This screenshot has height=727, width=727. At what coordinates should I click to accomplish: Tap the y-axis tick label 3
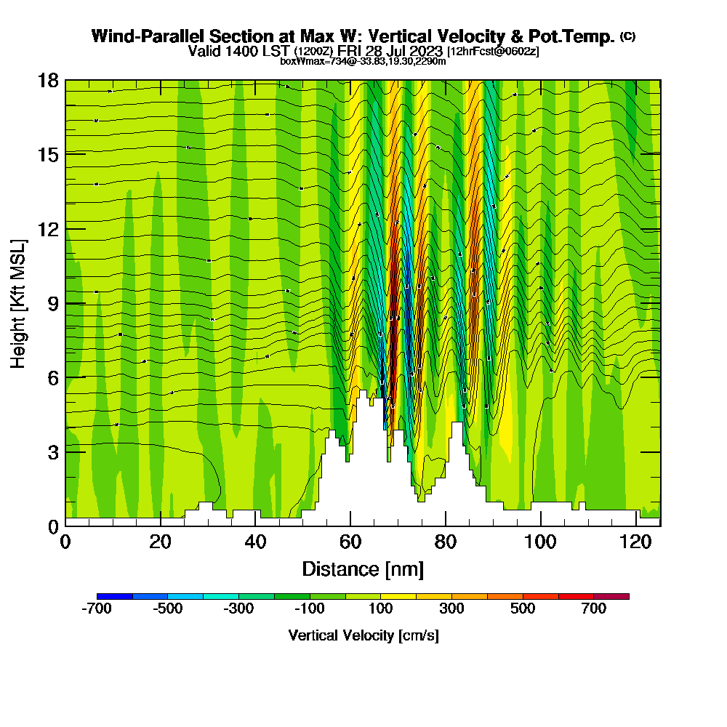[52, 452]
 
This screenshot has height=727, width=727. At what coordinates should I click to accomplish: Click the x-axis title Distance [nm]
[363, 569]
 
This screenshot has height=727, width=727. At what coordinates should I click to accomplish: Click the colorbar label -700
[97, 609]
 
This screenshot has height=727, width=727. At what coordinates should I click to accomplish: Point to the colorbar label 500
[523, 609]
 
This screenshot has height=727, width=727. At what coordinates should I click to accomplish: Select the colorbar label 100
[381, 609]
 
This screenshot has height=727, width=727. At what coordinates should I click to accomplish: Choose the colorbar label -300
[239, 609]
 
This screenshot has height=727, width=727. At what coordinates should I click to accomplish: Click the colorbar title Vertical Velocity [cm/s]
[363, 635]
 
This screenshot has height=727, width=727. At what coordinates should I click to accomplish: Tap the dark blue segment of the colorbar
[114, 596]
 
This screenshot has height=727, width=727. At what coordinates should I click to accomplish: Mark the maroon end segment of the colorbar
[611, 596]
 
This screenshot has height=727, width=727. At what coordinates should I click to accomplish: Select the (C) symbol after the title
[627, 36]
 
